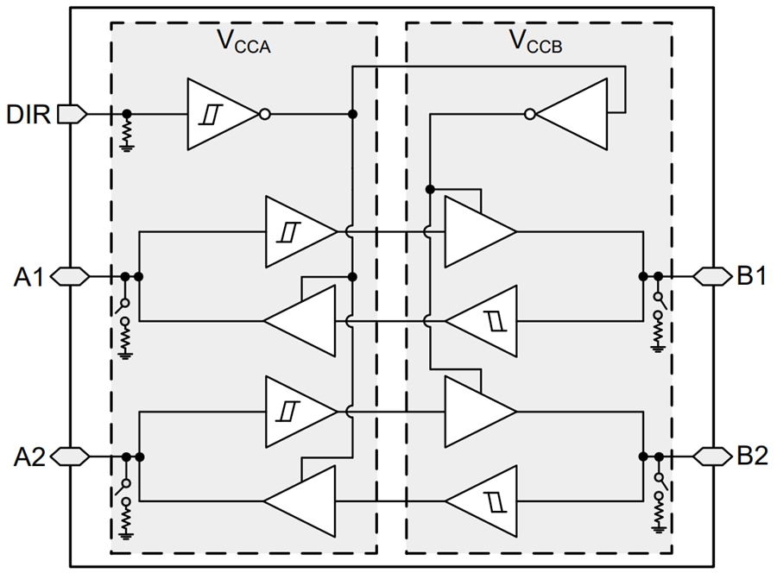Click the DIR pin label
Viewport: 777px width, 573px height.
click(29, 113)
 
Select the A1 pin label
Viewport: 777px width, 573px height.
click(29, 277)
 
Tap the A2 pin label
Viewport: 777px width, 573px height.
click(29, 457)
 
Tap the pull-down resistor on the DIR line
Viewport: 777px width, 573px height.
click(127, 132)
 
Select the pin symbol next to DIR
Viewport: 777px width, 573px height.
click(73, 114)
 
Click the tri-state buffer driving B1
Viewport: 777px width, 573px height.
click(477, 231)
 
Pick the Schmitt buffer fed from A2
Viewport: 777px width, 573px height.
click(295, 411)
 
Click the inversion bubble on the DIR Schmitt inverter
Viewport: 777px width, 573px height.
click(264, 114)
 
